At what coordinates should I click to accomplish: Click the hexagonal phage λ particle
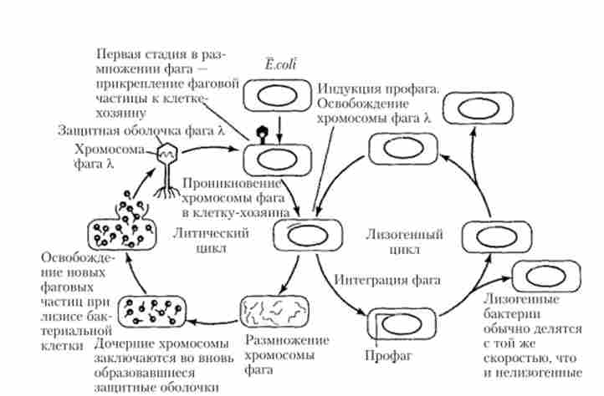coord(169,152)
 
